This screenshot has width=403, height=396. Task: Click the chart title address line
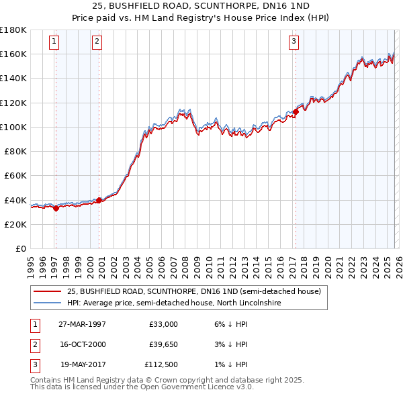tap(201, 6)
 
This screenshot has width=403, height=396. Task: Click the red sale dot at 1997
tap(56, 208)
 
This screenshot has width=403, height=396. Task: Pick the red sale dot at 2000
tap(99, 200)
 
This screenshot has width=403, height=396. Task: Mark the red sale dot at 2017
tap(296, 111)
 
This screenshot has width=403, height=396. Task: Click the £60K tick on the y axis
tap(16, 175)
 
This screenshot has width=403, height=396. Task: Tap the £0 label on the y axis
tap(21, 248)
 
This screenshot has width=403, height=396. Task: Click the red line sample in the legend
tap(47, 292)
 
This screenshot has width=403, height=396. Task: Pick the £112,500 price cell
tap(161, 364)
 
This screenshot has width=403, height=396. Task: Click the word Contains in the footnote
tap(46, 379)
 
